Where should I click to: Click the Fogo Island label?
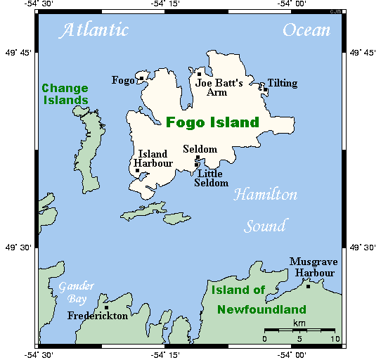tap(212, 123)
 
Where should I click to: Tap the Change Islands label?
tap(65, 94)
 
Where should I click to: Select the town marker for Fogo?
tap(141, 78)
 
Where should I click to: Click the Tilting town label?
tap(282, 83)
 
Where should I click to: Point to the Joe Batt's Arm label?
tap(219, 88)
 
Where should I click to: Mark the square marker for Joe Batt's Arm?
tap(200, 74)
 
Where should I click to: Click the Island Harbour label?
tap(153, 159)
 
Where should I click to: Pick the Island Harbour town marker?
tap(137, 170)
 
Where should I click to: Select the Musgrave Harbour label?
tap(314, 267)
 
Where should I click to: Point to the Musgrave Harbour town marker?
tap(308, 285)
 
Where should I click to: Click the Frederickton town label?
tap(98, 316)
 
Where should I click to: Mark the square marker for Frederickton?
tap(106, 307)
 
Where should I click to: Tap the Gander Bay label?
tap(76, 292)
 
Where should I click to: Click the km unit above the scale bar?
tap(299, 323)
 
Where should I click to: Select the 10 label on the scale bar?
tap(335, 339)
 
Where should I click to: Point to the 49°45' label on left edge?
tap(17, 53)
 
